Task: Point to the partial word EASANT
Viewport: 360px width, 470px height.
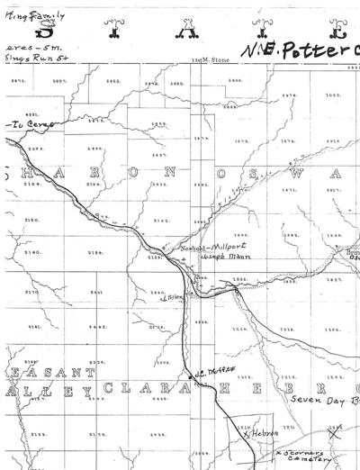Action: tap(36, 372)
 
